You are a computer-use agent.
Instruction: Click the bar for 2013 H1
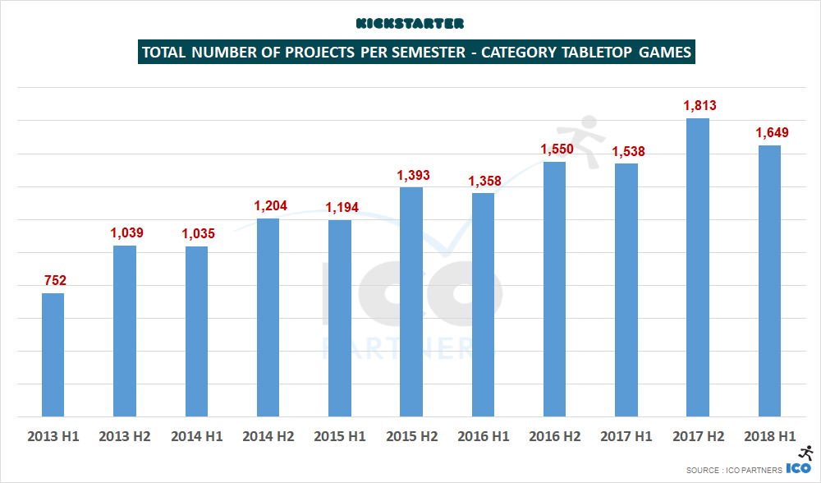pyautogui.click(x=53, y=355)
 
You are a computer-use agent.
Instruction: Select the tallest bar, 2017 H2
pyautogui.click(x=698, y=268)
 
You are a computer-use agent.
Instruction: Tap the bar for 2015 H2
pyautogui.click(x=411, y=302)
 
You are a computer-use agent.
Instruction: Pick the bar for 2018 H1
pyautogui.click(x=769, y=281)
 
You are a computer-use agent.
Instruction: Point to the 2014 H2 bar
pyautogui.click(x=268, y=318)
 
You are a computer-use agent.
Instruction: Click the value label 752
pyautogui.click(x=54, y=280)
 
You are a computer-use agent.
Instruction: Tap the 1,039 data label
pyautogui.click(x=126, y=232)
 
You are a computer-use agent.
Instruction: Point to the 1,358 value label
pyautogui.click(x=484, y=180)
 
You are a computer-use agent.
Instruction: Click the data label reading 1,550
pyautogui.click(x=556, y=149)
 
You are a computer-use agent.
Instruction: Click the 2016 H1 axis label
pyautogui.click(x=484, y=436)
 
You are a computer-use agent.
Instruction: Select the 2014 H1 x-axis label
pyautogui.click(x=196, y=436)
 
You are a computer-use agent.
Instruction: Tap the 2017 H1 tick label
pyautogui.click(x=626, y=436)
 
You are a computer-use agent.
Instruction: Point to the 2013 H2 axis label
pyautogui.click(x=125, y=436)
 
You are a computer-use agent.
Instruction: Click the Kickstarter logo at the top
pyautogui.click(x=410, y=23)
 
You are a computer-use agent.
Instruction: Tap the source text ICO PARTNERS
pyautogui.click(x=754, y=470)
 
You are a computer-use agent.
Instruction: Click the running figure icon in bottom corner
pyautogui.click(x=805, y=453)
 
